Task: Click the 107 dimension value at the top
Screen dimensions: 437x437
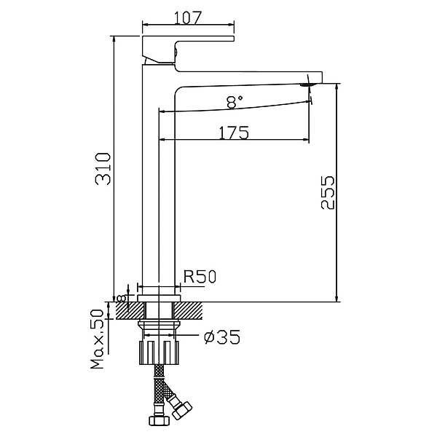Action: (x=187, y=17)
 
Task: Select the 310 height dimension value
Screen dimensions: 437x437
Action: (x=103, y=169)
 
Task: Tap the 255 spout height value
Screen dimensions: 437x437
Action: (x=327, y=192)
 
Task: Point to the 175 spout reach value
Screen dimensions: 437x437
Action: (x=234, y=133)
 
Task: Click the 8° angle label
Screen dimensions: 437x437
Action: (x=235, y=101)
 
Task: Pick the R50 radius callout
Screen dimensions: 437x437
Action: (x=200, y=277)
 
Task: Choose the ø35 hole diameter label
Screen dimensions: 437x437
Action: (x=222, y=336)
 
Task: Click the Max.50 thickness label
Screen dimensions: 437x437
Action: (x=97, y=339)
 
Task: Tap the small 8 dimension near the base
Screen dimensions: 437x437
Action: (x=121, y=299)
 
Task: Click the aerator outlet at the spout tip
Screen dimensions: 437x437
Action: (x=307, y=84)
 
